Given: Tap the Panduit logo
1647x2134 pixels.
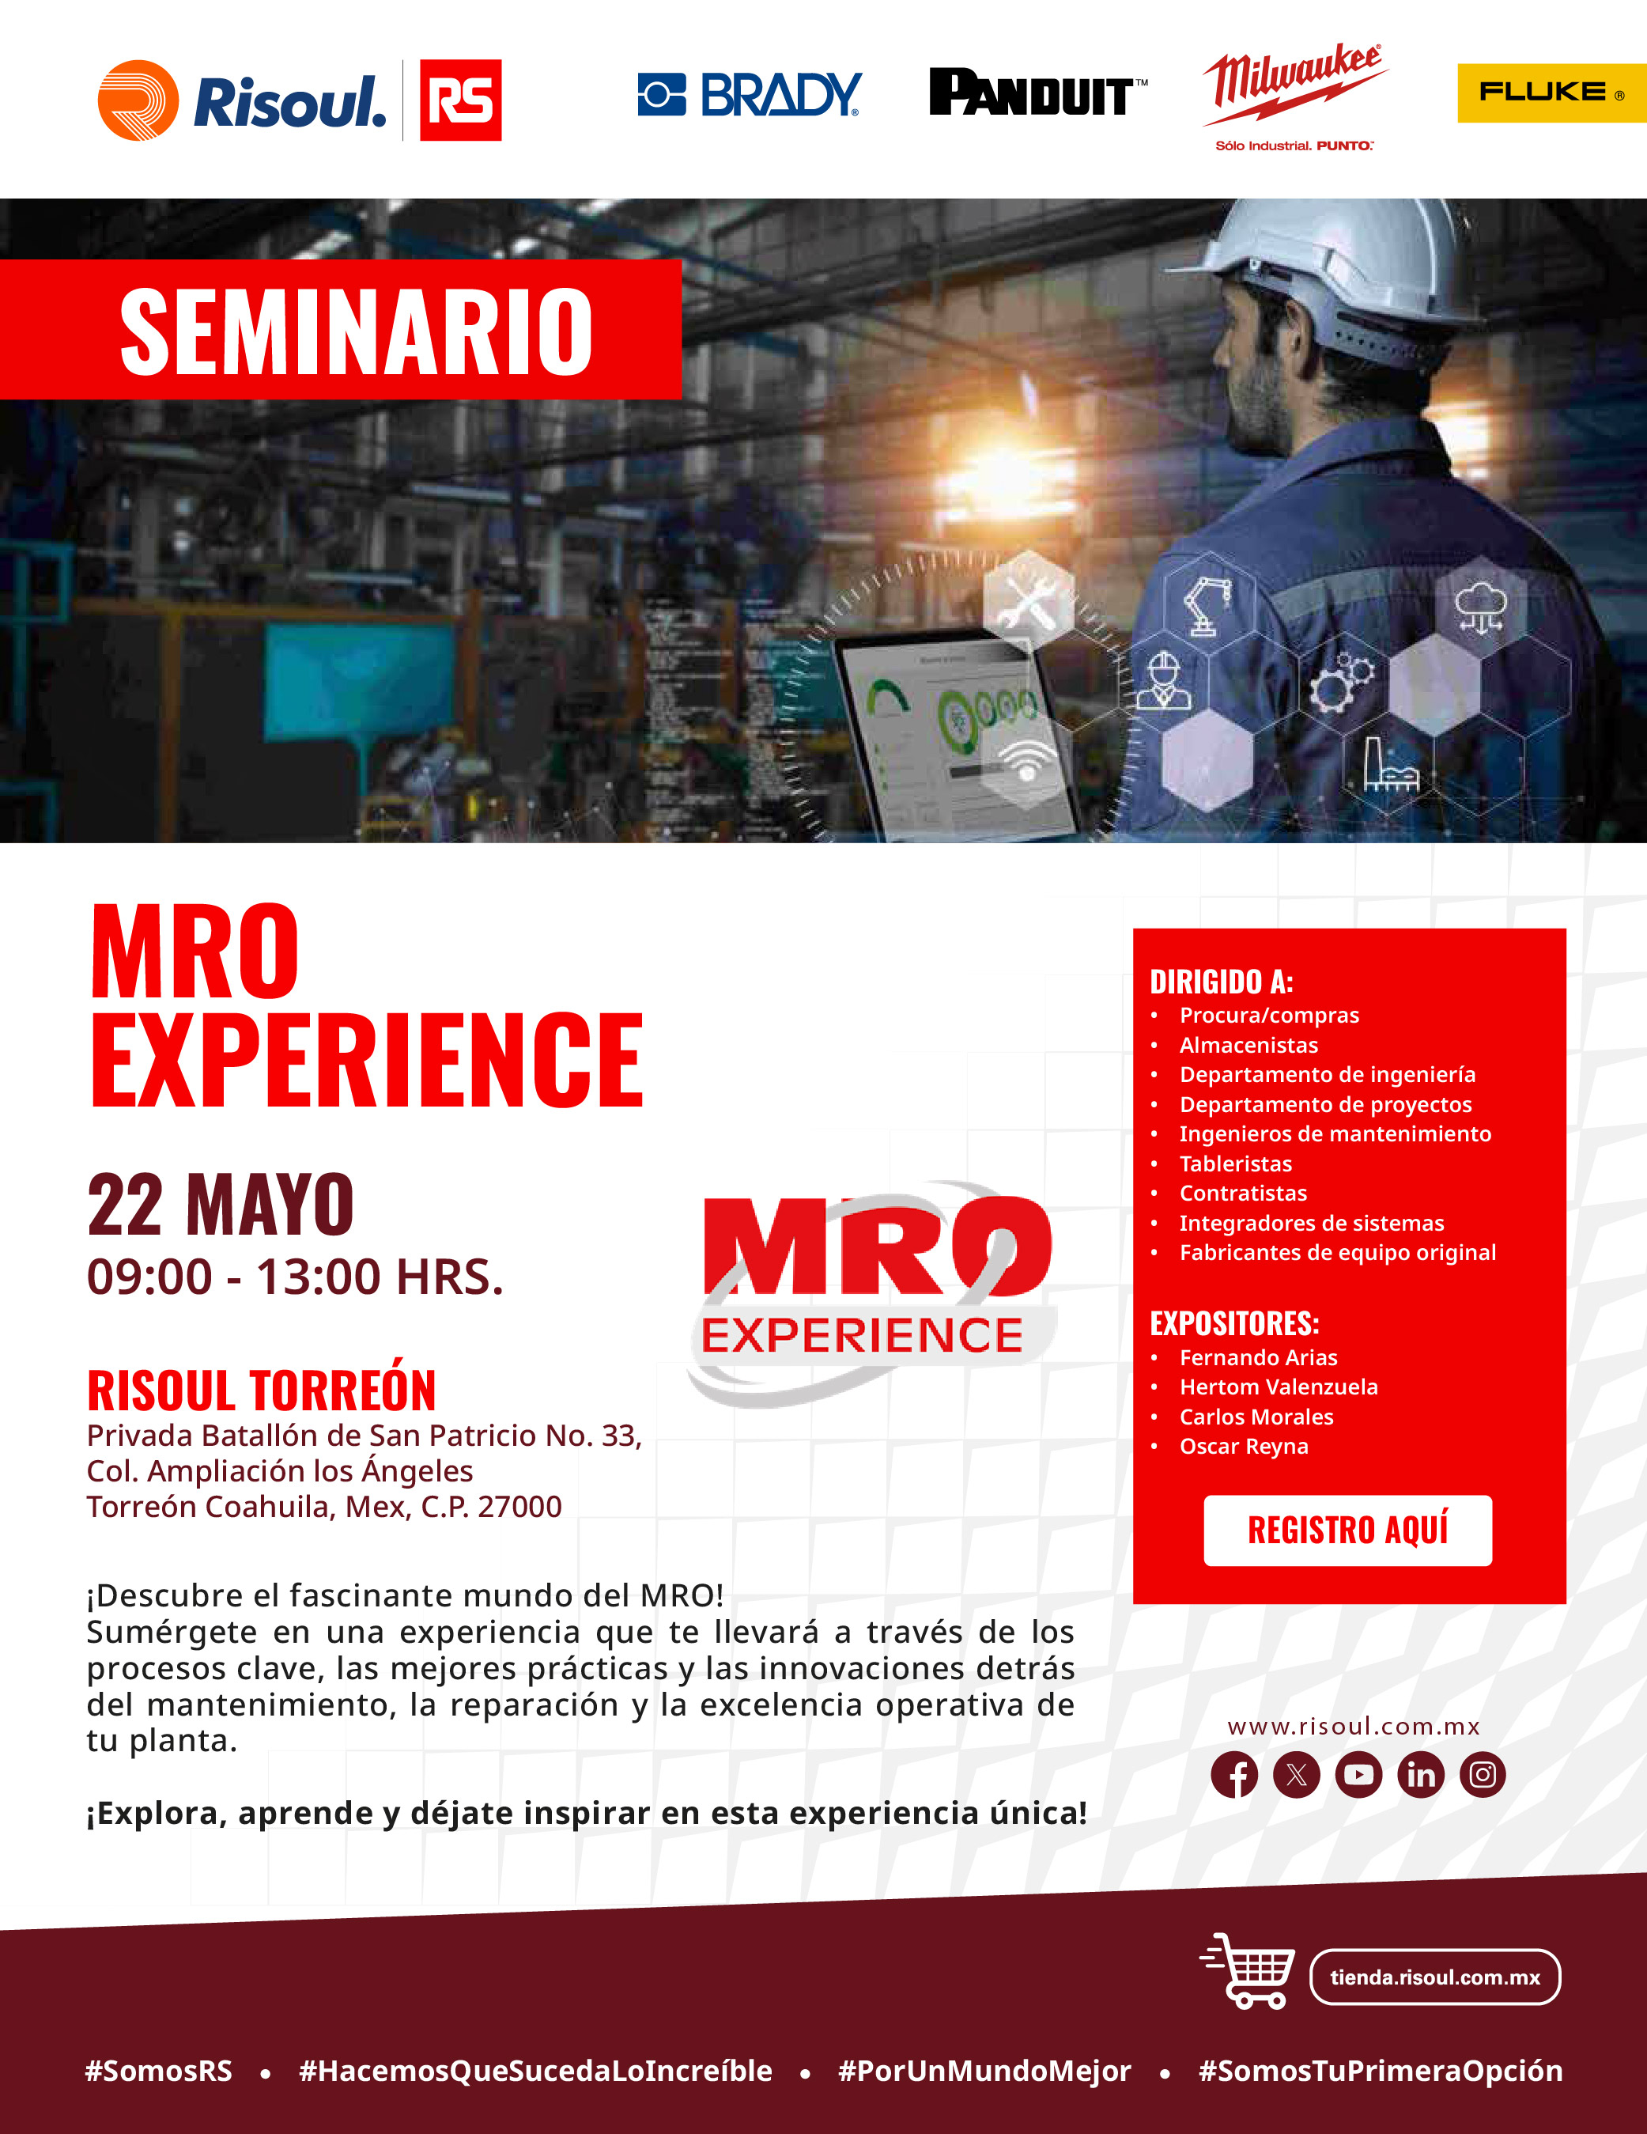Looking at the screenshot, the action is (1037, 93).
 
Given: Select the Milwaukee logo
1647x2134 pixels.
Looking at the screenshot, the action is (1294, 96).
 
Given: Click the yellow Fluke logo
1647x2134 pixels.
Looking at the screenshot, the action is (1551, 93).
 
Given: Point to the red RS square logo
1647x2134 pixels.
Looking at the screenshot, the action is (460, 100).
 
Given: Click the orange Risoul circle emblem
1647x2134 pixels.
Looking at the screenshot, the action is (138, 100).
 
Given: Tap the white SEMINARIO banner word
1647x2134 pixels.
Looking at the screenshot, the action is (356, 331).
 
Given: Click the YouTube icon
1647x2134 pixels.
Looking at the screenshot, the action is (1359, 1774).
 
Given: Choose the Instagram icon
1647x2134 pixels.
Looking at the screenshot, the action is (1483, 1774).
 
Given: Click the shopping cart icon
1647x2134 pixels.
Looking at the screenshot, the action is (1248, 1971).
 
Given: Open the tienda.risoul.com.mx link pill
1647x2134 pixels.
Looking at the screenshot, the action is (1435, 1977).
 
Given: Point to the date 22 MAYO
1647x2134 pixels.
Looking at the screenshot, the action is (221, 1205).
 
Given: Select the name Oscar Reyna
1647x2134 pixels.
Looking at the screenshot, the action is (1244, 1446).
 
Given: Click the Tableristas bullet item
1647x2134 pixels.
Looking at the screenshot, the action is (1236, 1163).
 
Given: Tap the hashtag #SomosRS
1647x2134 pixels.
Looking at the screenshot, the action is (159, 2071).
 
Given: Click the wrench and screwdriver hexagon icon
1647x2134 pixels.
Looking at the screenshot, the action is (1028, 600).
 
